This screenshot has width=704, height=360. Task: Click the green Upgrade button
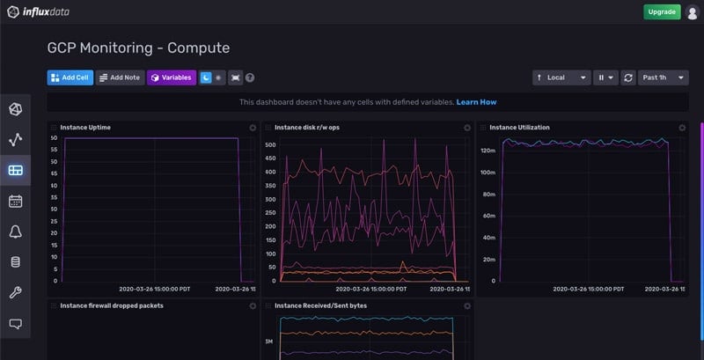[661, 11]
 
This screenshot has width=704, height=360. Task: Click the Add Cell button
[70, 77]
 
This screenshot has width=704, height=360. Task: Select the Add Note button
[120, 77]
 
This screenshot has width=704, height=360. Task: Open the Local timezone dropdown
[561, 77]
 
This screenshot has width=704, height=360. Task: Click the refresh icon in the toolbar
[627, 77]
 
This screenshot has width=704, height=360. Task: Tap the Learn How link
[476, 102]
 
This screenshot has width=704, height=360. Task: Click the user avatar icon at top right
[693, 11]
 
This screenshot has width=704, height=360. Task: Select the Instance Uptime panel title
[85, 128]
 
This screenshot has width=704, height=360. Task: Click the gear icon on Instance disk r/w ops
[467, 128]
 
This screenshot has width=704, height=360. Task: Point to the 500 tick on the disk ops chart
[270, 144]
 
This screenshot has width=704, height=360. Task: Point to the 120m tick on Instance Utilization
[487, 151]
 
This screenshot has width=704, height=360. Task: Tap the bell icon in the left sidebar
[15, 231]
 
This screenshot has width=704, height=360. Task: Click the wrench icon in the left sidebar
[15, 292]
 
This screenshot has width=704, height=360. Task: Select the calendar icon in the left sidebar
[15, 201]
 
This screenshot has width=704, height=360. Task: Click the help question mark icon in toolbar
[250, 77]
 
